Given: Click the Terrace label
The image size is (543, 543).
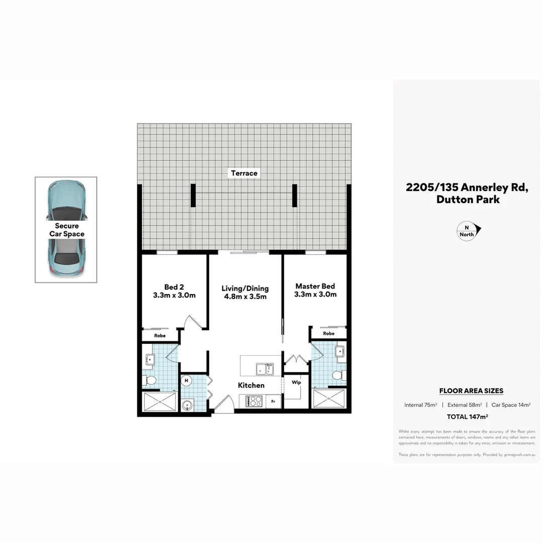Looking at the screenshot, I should point(244,173).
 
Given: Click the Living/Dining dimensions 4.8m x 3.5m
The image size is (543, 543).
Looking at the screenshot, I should point(245,297).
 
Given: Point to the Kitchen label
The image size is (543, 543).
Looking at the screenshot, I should point(251,385).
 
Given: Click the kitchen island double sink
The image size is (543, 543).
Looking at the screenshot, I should point(265,370).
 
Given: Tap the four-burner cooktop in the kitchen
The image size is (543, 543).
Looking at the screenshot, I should point(253,401).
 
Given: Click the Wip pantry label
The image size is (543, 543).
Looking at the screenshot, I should point(296,382).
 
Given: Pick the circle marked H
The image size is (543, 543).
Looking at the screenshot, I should point(187,381).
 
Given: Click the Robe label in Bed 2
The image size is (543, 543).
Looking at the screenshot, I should point(160,335).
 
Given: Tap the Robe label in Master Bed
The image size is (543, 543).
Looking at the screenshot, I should point(329,333).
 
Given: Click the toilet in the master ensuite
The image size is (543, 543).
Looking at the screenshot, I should point(338,375).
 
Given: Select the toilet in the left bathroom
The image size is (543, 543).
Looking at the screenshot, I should point(150,380).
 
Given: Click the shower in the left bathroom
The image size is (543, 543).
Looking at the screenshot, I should point(160,402).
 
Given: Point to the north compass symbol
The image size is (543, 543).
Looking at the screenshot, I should point(468,231).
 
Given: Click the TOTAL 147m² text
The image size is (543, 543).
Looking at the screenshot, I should point(468,417).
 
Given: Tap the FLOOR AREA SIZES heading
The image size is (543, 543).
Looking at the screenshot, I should point(471,391).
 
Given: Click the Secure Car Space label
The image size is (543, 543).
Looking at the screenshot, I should point(67,230).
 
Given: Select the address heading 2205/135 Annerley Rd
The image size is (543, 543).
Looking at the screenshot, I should point(468,188).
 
